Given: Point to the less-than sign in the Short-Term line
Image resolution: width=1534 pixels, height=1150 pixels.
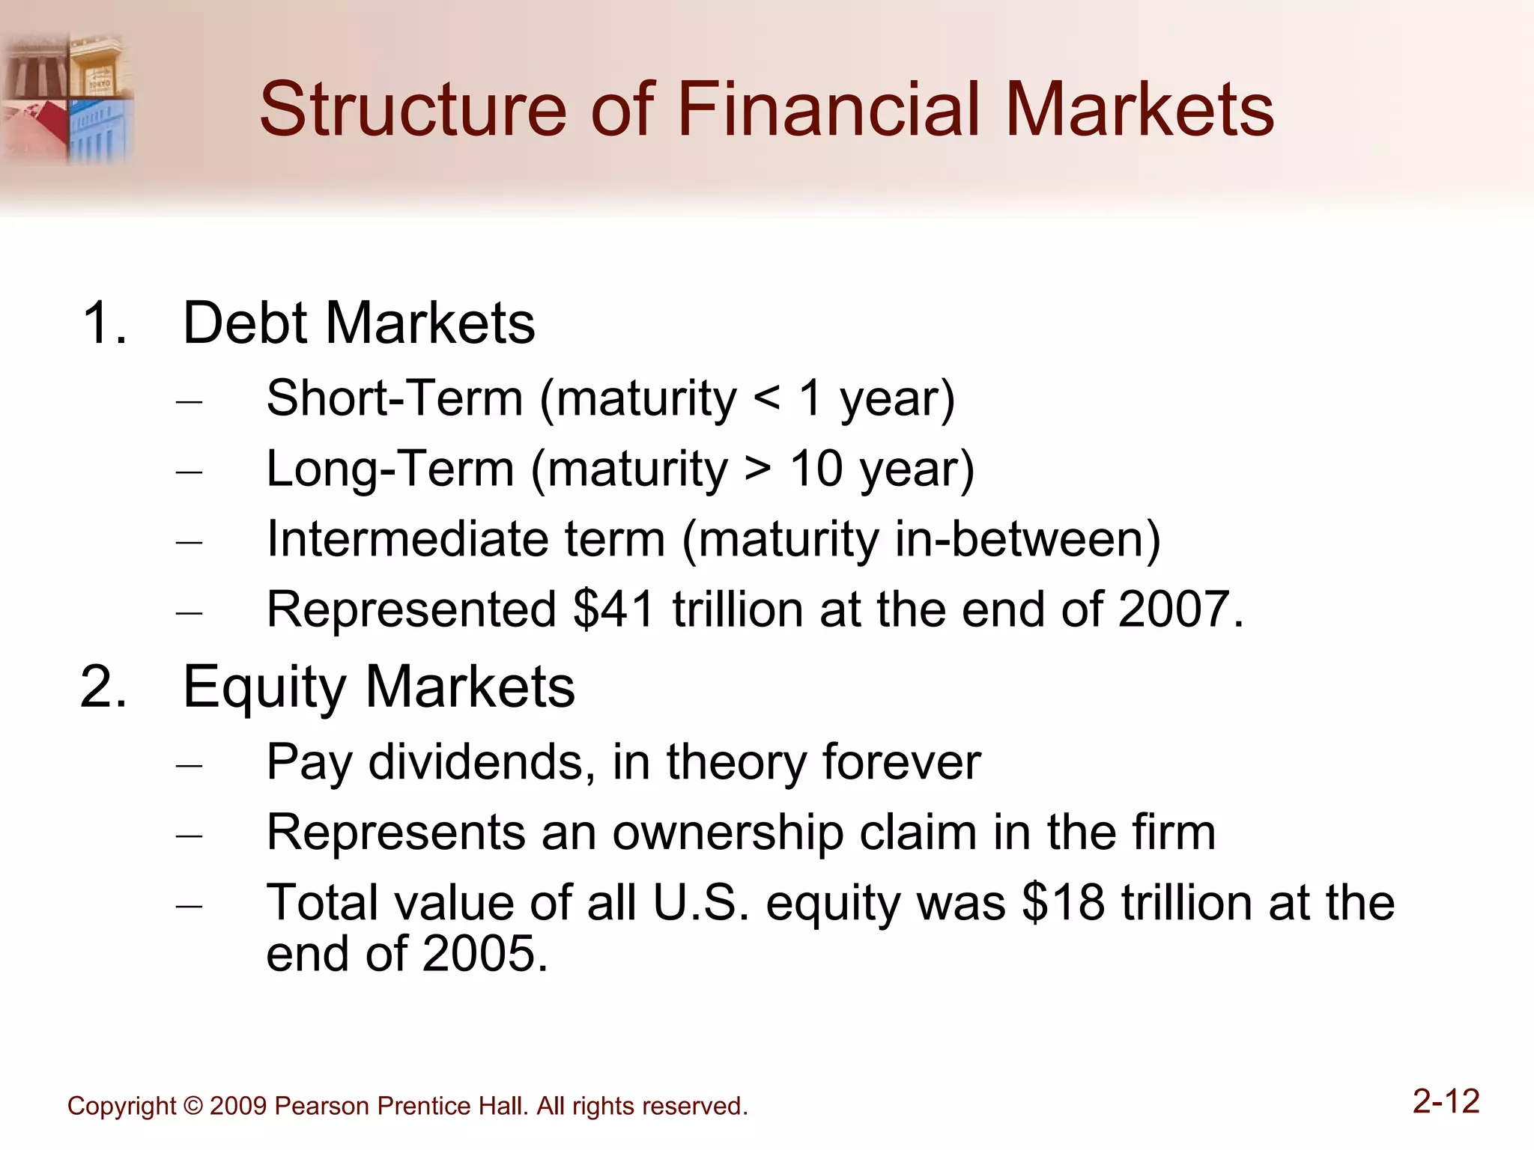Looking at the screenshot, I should tap(767, 398).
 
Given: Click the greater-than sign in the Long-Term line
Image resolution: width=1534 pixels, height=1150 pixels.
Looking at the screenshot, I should tap(758, 469).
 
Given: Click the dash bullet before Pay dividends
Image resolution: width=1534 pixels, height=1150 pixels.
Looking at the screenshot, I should tap(190, 765).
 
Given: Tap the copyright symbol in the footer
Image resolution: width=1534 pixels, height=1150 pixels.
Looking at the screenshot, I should tap(192, 1107).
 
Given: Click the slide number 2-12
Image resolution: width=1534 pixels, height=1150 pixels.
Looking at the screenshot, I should tap(1446, 1102).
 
